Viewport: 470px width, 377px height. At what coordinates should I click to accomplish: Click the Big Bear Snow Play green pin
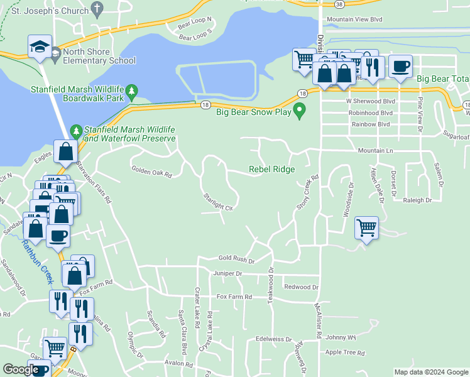coord(300,112)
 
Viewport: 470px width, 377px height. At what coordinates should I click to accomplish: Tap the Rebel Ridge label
coord(271,169)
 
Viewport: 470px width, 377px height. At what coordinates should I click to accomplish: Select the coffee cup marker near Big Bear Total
coord(400,66)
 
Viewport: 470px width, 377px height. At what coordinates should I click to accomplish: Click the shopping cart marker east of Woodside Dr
coord(366,227)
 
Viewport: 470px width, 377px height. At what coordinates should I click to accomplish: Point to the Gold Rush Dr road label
coord(236,259)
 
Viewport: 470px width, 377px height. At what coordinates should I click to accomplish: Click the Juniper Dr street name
coord(227,274)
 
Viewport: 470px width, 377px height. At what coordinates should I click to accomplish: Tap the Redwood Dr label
coord(301,287)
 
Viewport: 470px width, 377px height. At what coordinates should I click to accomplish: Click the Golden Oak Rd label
coord(151,170)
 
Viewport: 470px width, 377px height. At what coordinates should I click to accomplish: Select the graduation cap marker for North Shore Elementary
coord(40,46)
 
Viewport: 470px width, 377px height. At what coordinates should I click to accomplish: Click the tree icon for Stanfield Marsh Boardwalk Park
coord(131,92)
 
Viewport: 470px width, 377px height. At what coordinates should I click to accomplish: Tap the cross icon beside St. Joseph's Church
coord(96,8)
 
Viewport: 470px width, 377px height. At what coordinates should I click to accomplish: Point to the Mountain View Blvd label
coord(354,19)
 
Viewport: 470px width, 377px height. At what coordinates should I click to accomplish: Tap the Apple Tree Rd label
coord(345,352)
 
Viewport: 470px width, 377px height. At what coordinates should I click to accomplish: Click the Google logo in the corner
coord(21,369)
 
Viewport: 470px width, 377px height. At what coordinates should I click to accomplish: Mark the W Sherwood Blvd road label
coord(370,101)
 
